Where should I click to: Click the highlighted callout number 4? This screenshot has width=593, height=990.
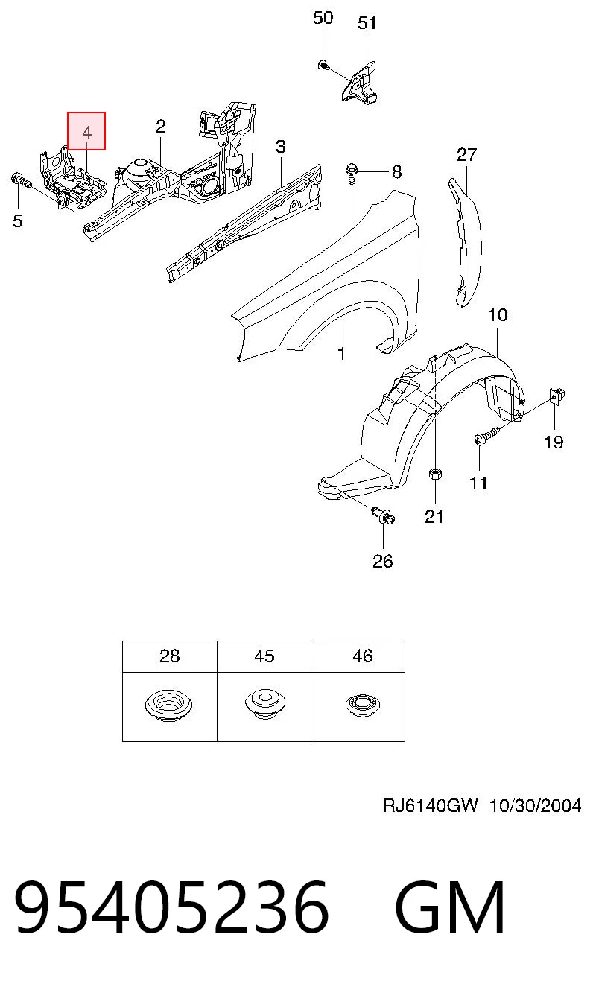click(86, 132)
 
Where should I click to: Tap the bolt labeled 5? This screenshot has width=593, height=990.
click(20, 180)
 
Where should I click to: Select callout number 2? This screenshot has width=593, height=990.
click(161, 127)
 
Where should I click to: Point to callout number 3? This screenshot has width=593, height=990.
click(281, 146)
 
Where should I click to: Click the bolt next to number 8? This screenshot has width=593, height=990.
click(352, 174)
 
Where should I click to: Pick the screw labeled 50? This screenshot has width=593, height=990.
click(323, 66)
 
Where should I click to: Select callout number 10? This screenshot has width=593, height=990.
click(498, 315)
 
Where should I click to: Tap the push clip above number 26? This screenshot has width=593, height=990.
click(384, 516)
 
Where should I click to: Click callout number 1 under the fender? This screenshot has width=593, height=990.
click(341, 354)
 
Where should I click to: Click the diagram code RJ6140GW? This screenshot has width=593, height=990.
click(430, 805)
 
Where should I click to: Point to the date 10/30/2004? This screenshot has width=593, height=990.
click(536, 805)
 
